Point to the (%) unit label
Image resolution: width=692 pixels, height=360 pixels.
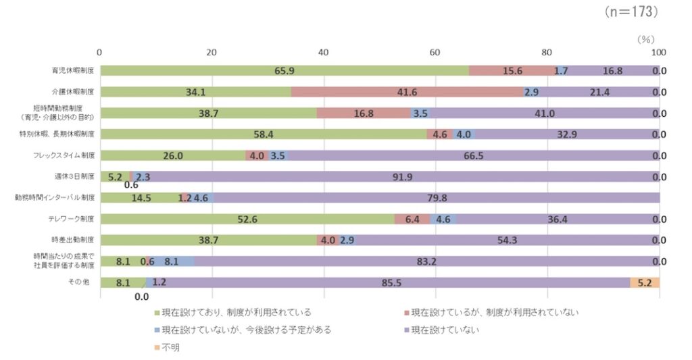[646, 40]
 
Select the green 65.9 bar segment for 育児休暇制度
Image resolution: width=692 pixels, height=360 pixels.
[284, 71]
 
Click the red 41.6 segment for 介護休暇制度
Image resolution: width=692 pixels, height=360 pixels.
[407, 92]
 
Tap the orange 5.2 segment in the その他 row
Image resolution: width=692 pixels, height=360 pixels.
[645, 282]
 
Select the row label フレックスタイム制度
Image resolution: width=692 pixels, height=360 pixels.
[64, 155]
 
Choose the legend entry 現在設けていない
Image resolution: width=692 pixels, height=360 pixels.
[446, 330]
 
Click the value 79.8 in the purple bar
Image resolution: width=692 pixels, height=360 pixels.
[437, 198]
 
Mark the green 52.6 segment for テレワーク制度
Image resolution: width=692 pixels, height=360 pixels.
[247, 219]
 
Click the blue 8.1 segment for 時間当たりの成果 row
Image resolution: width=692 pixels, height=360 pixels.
[172, 261]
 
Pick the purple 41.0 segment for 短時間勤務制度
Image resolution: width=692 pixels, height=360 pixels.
[544, 113]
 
